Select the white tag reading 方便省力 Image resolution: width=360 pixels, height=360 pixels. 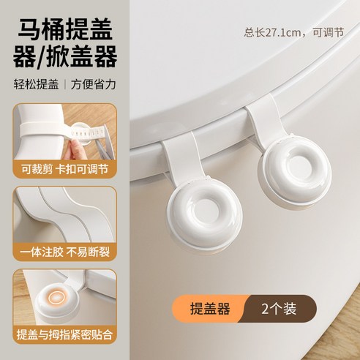(93, 83)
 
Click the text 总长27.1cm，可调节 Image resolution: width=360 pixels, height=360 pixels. (296, 33)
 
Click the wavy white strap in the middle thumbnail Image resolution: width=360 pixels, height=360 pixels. (59, 220)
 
